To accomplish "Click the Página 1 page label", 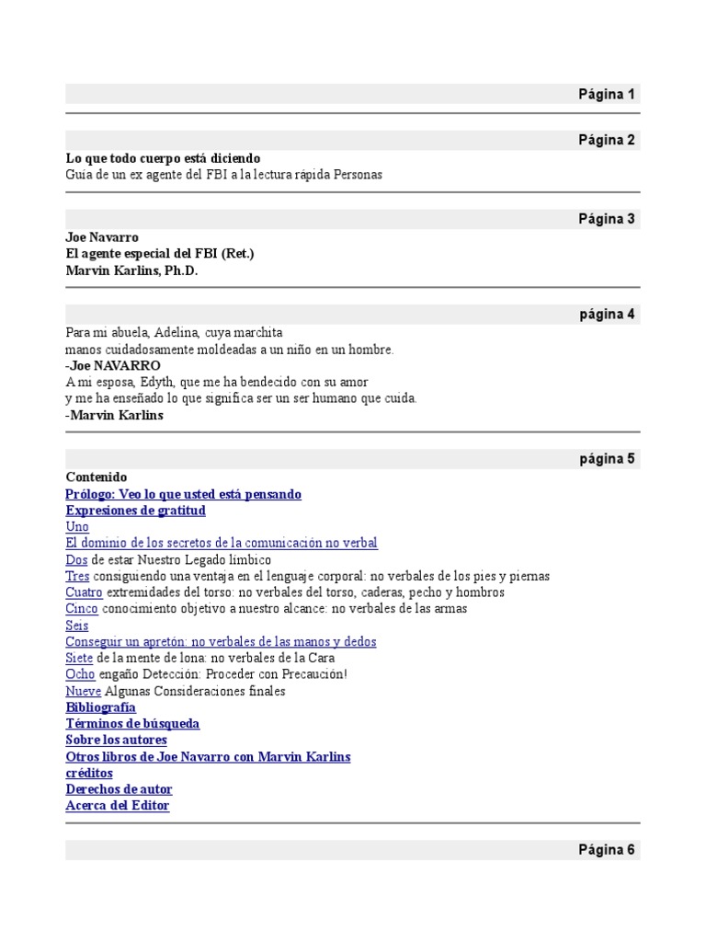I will coord(606,94).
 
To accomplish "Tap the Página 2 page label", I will coord(606,140).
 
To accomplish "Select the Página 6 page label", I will coord(606,850).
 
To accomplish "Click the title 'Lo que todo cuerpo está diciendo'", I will coord(163,158).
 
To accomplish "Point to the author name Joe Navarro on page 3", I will coord(102,237).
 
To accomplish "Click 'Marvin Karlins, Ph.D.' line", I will coord(131,270).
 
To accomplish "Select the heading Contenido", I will coord(97,477).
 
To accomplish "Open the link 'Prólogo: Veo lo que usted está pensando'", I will coord(184,494).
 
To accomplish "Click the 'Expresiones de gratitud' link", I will coord(136,511).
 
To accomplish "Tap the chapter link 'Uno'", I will coord(77,527).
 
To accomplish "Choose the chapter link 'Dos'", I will coord(76,559).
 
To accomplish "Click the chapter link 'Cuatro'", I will coord(85,592).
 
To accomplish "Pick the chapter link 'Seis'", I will coord(77,626).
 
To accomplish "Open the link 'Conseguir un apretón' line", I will coord(221,642).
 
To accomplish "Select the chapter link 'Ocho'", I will coord(80,674).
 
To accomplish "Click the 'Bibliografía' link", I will coord(101,707).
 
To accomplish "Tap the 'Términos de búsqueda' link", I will coord(132,724).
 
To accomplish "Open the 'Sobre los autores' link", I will coord(117,740).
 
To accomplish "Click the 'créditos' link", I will coord(89,773).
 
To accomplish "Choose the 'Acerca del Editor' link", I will coord(118,806).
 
